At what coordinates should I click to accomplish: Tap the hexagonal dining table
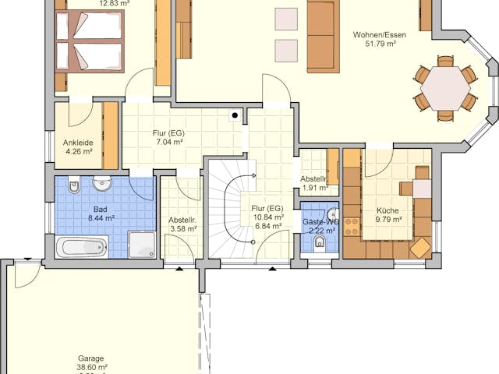(x=445, y=88)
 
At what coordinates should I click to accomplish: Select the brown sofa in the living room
(x=323, y=36)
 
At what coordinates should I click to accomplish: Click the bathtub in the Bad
(x=82, y=247)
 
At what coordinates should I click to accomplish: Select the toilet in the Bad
(x=73, y=187)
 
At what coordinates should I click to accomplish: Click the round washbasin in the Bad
(x=102, y=185)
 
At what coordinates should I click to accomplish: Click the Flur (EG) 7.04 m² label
(x=168, y=138)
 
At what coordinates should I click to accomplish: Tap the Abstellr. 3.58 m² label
(x=182, y=224)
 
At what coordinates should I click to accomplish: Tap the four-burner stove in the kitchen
(x=352, y=226)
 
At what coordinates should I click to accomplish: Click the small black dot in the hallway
(x=233, y=115)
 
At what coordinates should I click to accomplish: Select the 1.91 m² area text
(x=313, y=188)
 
